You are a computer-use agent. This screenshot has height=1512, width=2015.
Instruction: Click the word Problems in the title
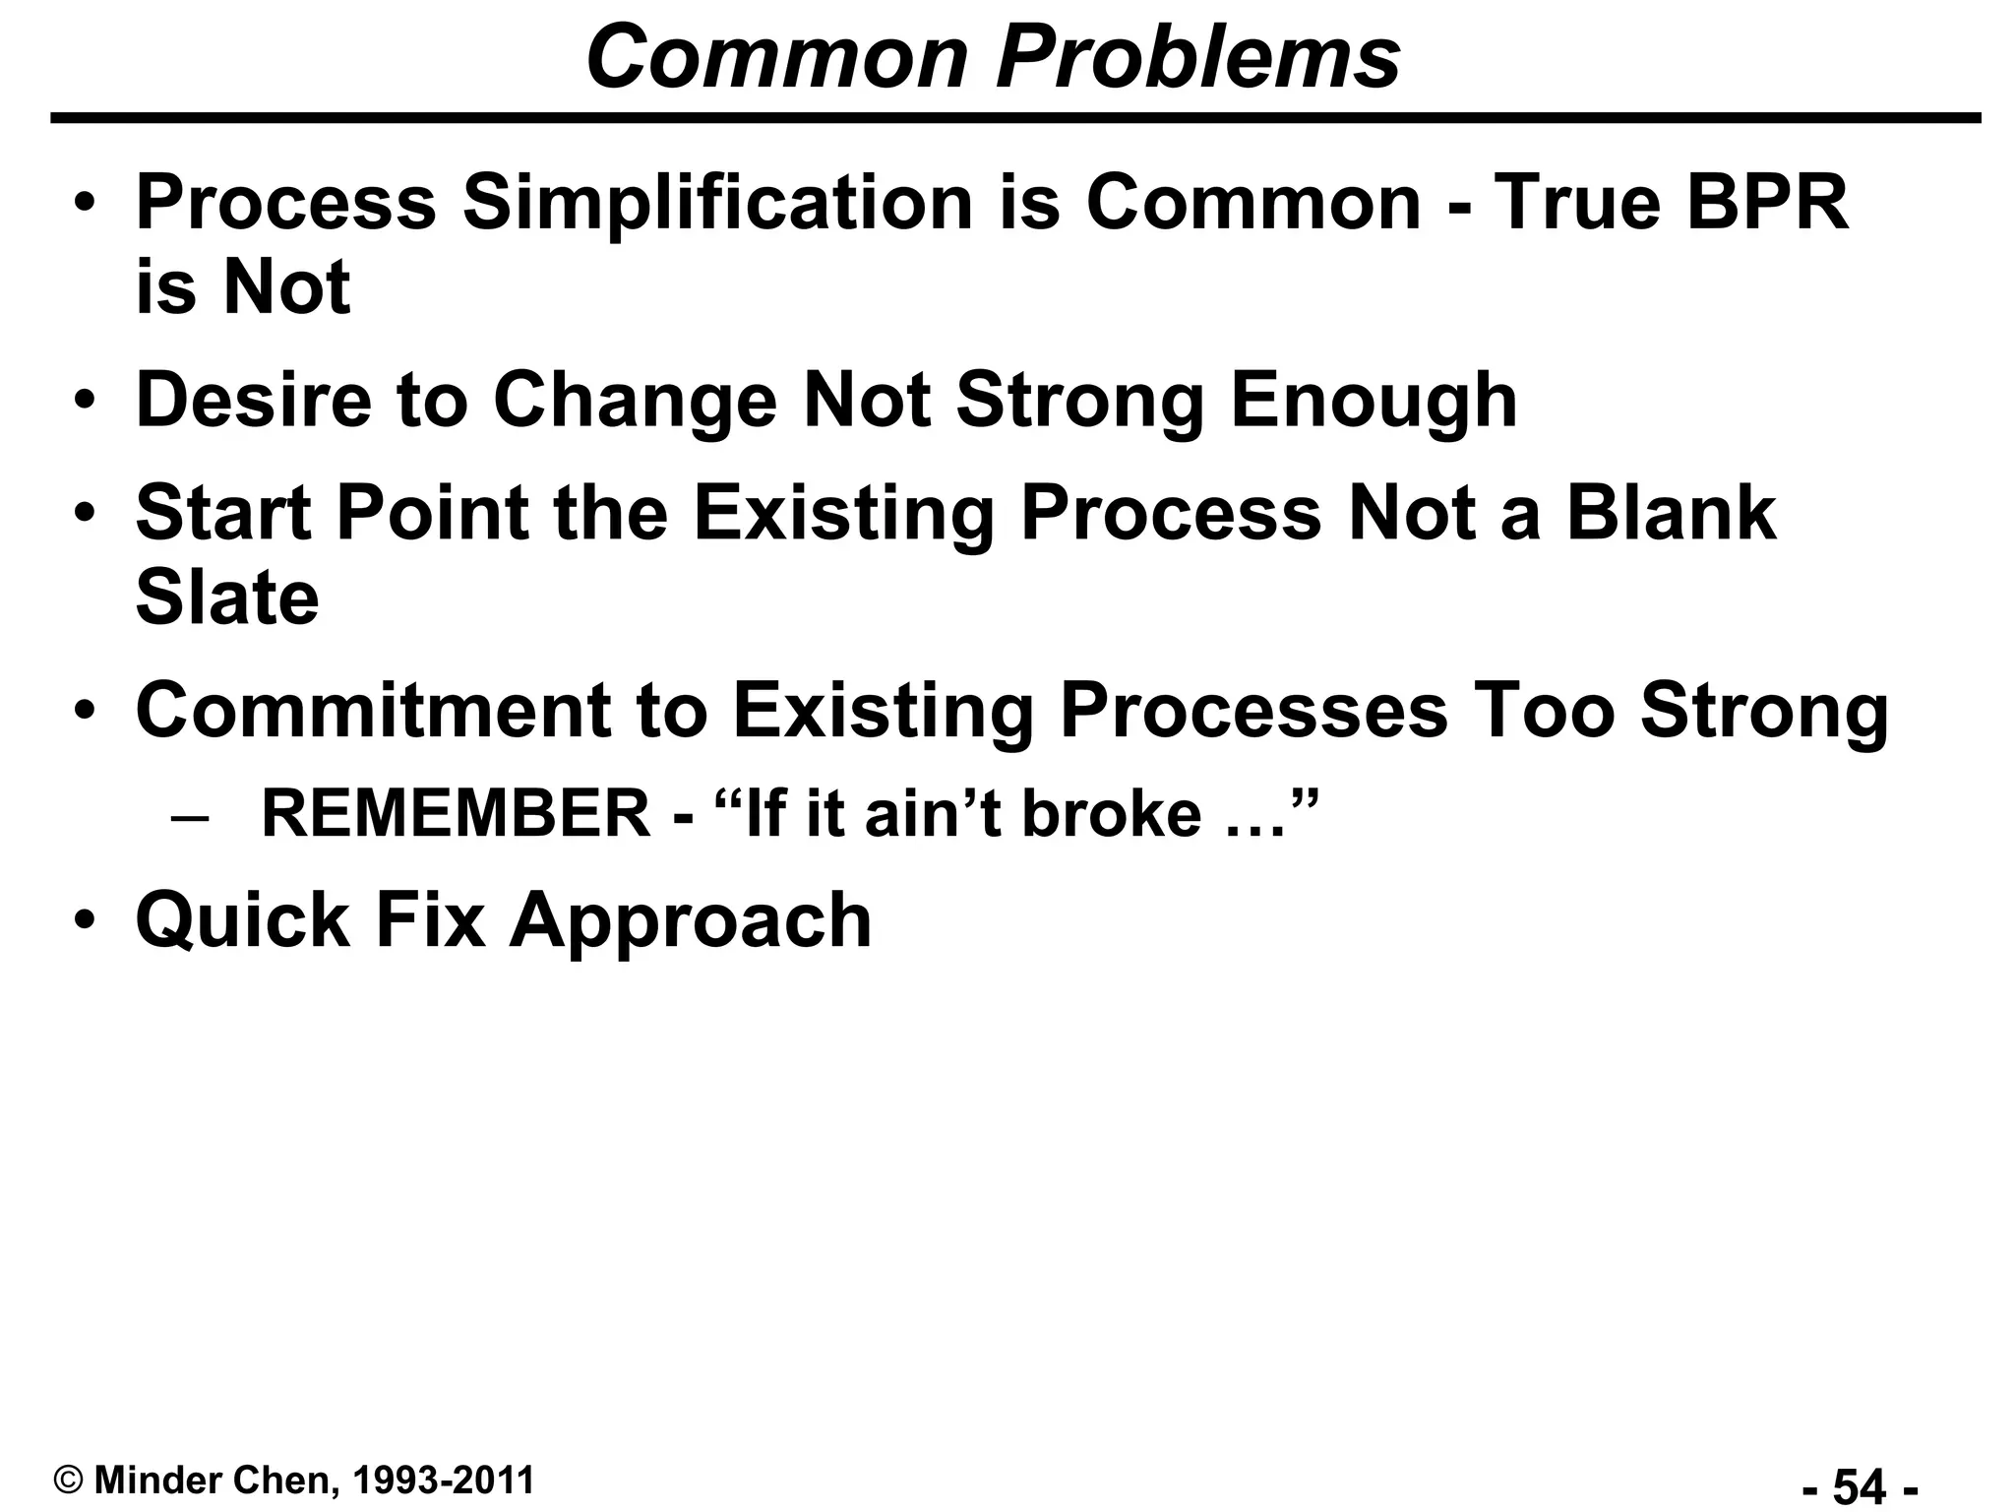coord(1197,57)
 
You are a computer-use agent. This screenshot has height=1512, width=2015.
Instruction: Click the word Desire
coord(253,401)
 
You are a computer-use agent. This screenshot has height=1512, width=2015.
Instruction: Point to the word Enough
coord(1374,401)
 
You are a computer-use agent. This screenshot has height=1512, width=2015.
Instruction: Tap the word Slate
coord(227,598)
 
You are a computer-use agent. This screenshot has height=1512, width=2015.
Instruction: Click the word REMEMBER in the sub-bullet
coord(456,814)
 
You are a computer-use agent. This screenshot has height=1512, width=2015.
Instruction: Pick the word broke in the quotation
coord(1112,814)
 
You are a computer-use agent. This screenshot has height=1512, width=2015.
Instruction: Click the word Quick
coord(243,920)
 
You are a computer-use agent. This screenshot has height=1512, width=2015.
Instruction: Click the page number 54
coord(1860,1485)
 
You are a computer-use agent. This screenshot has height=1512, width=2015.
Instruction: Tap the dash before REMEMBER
coord(190,816)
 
